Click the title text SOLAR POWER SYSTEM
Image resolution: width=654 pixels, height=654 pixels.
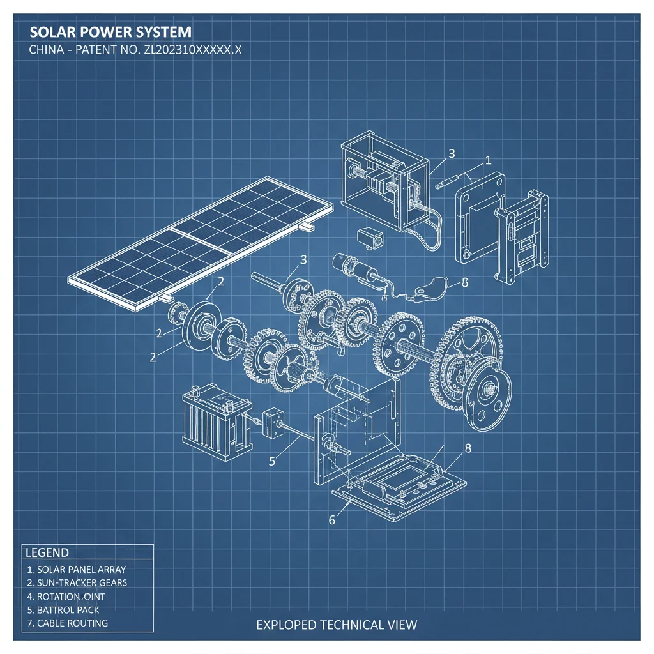(x=110, y=33)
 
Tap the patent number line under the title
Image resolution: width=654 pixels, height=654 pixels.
(x=135, y=51)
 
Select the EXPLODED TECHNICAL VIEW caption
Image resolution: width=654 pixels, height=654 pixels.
(x=337, y=624)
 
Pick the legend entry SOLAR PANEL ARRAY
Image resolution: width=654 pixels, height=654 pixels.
(x=76, y=569)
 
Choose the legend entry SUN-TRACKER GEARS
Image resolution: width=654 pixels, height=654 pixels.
(x=77, y=582)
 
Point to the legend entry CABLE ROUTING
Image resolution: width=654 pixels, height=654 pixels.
(x=67, y=623)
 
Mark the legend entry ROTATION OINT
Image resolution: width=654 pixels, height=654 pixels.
(x=66, y=596)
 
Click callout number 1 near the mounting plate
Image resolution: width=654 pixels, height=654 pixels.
(x=489, y=160)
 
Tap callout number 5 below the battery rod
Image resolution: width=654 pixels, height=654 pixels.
(x=272, y=460)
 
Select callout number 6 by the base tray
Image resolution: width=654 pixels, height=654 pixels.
(x=331, y=519)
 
